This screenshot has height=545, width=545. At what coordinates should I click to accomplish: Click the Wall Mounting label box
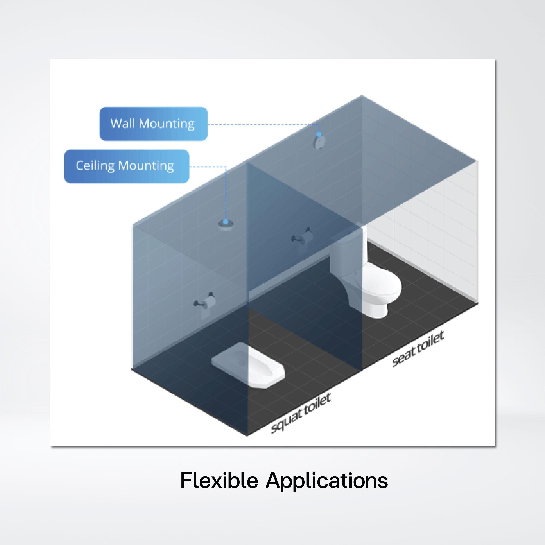tap(153, 124)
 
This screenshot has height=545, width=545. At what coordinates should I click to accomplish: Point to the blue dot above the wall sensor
tap(319, 134)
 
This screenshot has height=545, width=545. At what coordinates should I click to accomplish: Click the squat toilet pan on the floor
tap(248, 366)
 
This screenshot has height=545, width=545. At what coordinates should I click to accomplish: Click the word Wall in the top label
tap(122, 124)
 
